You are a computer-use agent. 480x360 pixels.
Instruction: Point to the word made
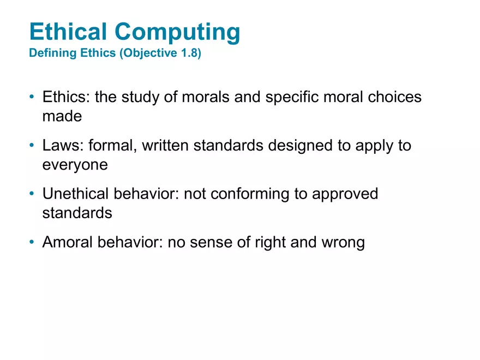coord(62,116)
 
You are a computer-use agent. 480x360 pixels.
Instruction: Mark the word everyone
coord(75,165)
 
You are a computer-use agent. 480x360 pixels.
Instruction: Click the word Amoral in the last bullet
coord(68,242)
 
